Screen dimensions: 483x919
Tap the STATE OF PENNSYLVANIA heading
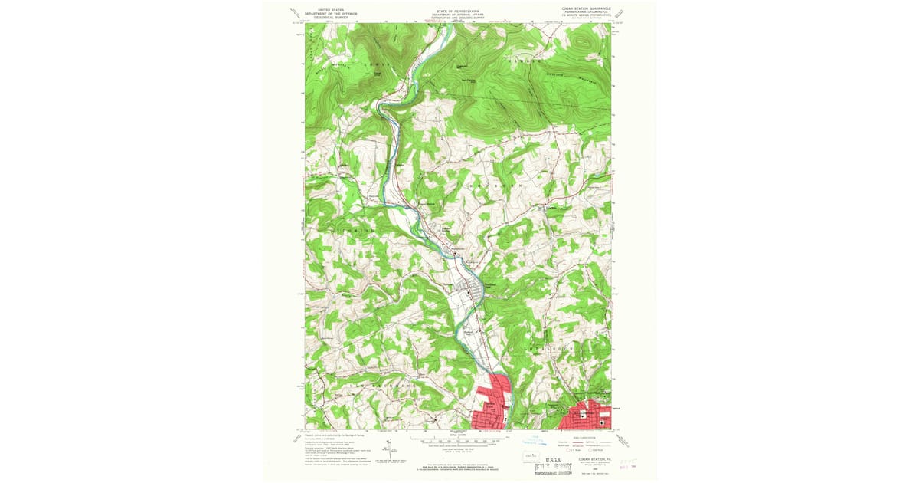(x=459, y=11)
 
